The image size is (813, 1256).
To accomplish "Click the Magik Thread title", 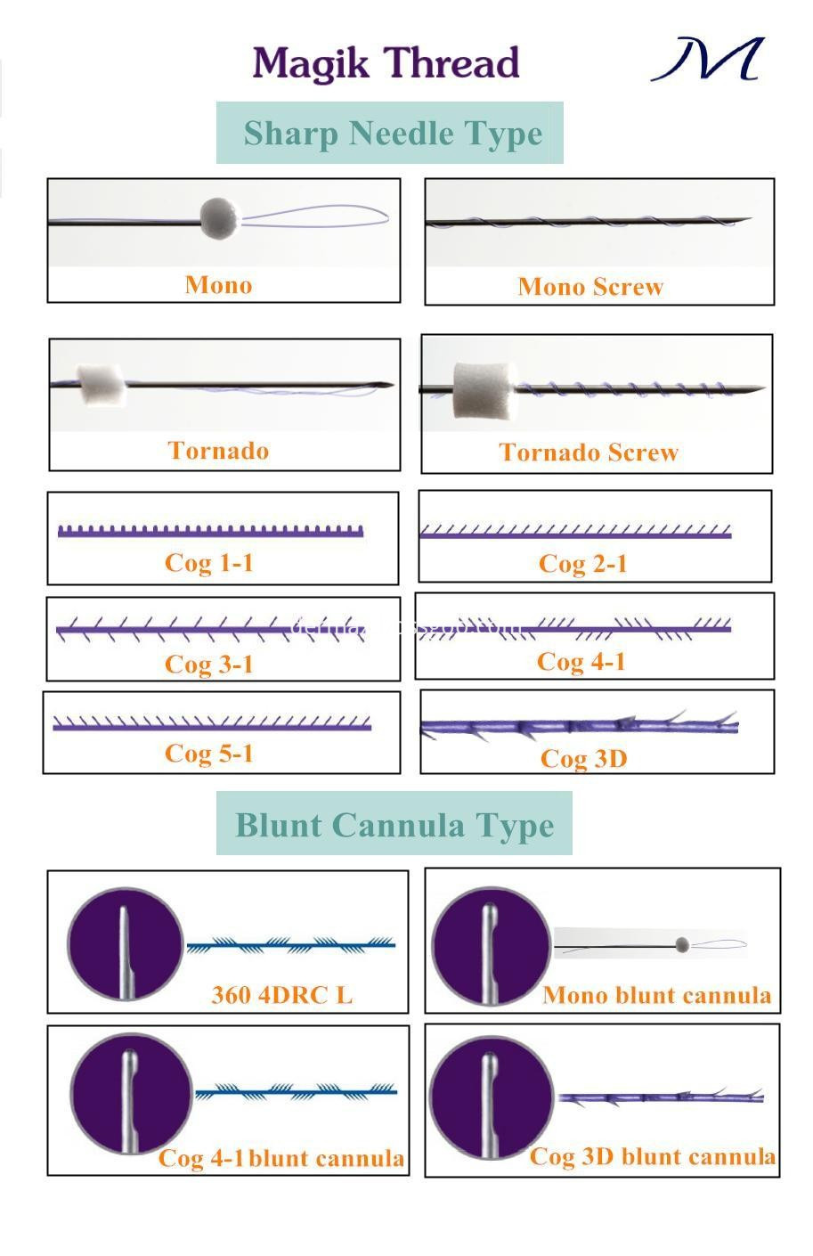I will coord(386,64).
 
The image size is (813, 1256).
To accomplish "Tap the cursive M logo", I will coord(709,60).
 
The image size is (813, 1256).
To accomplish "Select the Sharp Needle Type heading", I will coord(392,134).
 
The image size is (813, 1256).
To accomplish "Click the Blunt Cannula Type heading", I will coord(394,825).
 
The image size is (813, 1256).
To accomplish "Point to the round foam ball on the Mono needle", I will coord(220,218).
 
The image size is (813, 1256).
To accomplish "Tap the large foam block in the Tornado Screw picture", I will coord(480,389).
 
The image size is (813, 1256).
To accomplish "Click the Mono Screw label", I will coord(590,287).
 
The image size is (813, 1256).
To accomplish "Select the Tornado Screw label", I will coord(589,453).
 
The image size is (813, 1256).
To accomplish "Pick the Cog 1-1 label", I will coord(209,563).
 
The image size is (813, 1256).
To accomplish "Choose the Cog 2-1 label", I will coord(582,564).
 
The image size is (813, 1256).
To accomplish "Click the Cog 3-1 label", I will coord(209,665).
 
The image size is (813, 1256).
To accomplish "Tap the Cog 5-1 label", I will coord(209,754).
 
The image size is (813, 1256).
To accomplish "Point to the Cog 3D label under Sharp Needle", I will coord(583,759).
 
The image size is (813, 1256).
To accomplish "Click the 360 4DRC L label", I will coord(281,995).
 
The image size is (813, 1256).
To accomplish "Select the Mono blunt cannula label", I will coord(656,995).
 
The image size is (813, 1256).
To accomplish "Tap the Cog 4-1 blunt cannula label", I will coord(280,1158).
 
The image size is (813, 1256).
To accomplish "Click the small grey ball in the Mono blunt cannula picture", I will coord(683,943).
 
